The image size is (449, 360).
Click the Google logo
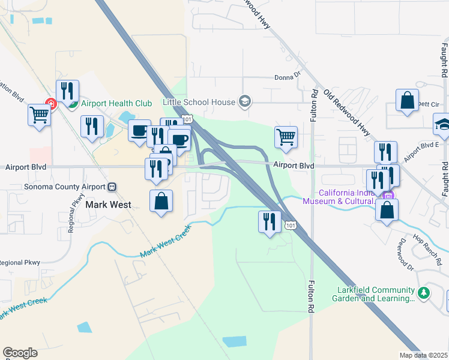[20, 353]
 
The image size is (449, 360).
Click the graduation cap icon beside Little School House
[244, 101]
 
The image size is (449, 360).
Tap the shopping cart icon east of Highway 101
[286, 137]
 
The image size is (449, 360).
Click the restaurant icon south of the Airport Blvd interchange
[270, 221]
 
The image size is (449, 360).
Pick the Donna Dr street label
[287, 76]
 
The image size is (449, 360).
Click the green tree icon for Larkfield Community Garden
[424, 293]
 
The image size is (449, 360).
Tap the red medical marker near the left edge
[52, 104]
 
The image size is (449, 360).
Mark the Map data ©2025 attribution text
[423, 355]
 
